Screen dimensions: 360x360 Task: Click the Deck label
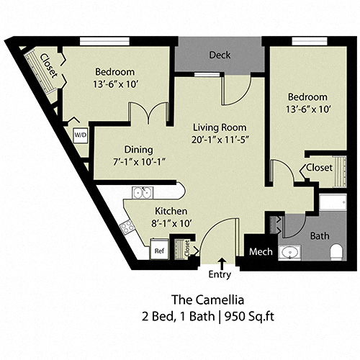click(220, 55)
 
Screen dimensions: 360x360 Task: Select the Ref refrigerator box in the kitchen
click(159, 251)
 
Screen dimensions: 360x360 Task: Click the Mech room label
click(259, 252)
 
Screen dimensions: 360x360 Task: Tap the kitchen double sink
click(142, 193)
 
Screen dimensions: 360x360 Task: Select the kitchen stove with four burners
click(128, 226)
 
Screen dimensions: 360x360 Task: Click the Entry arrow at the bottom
click(220, 262)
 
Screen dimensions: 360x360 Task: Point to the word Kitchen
click(171, 210)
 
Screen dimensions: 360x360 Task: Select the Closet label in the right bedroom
click(320, 167)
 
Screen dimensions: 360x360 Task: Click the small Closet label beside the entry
click(189, 249)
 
